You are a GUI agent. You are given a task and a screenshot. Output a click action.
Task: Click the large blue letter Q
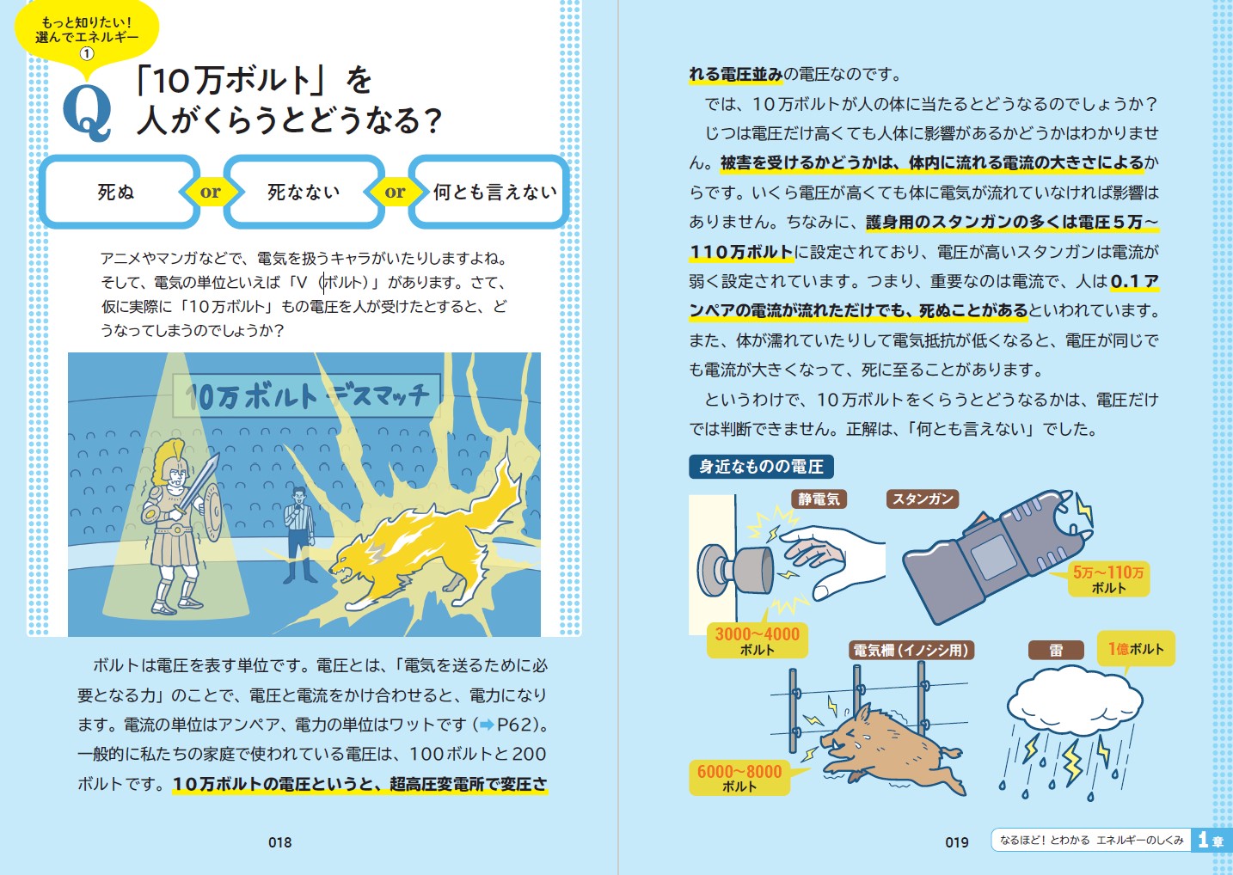point(88,114)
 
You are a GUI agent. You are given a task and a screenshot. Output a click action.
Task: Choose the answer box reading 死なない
point(304,192)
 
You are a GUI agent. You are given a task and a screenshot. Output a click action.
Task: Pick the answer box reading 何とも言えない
point(488,192)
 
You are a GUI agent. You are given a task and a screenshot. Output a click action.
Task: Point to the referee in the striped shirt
point(298,535)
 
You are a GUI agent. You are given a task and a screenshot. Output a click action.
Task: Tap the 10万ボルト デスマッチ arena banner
point(307,395)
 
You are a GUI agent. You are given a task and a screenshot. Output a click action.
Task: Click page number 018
point(279,842)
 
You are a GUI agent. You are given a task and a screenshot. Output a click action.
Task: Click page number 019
point(957,842)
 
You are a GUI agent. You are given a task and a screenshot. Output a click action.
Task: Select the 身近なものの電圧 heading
point(761,467)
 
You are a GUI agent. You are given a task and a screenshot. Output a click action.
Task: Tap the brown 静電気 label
point(819,499)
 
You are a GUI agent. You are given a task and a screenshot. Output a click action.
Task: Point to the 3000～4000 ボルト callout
point(758,640)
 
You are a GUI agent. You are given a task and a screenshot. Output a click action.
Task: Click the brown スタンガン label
point(923,499)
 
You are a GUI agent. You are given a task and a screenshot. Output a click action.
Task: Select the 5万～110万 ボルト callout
point(1108,579)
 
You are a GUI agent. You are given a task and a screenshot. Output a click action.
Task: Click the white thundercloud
point(1075,701)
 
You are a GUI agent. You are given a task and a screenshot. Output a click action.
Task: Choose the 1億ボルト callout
point(1137,649)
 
